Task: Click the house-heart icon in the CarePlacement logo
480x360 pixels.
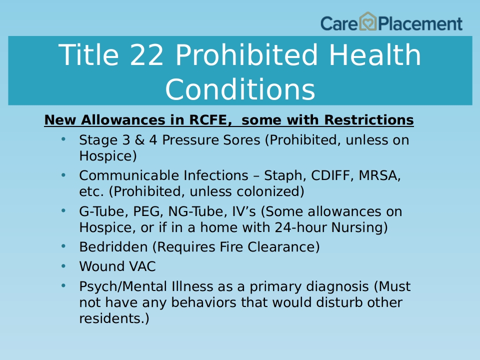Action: coord(367,21)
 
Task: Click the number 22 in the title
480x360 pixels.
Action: coord(146,55)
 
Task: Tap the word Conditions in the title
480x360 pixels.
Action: coord(240,89)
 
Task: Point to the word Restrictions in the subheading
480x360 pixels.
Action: coord(369,119)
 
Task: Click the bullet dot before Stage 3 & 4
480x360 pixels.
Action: coord(63,139)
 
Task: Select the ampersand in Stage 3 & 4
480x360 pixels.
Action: coord(139,140)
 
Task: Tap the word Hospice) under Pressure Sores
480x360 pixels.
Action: coord(108,156)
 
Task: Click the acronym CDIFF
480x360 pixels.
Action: coord(332,175)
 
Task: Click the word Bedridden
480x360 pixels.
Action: coord(113,247)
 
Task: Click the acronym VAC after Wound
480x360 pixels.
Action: coord(142,266)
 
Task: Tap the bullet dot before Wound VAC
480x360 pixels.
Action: coord(63,266)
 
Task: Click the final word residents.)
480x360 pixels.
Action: coord(114,318)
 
